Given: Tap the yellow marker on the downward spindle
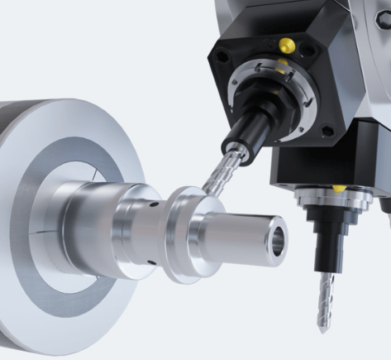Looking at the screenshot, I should [339, 188].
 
